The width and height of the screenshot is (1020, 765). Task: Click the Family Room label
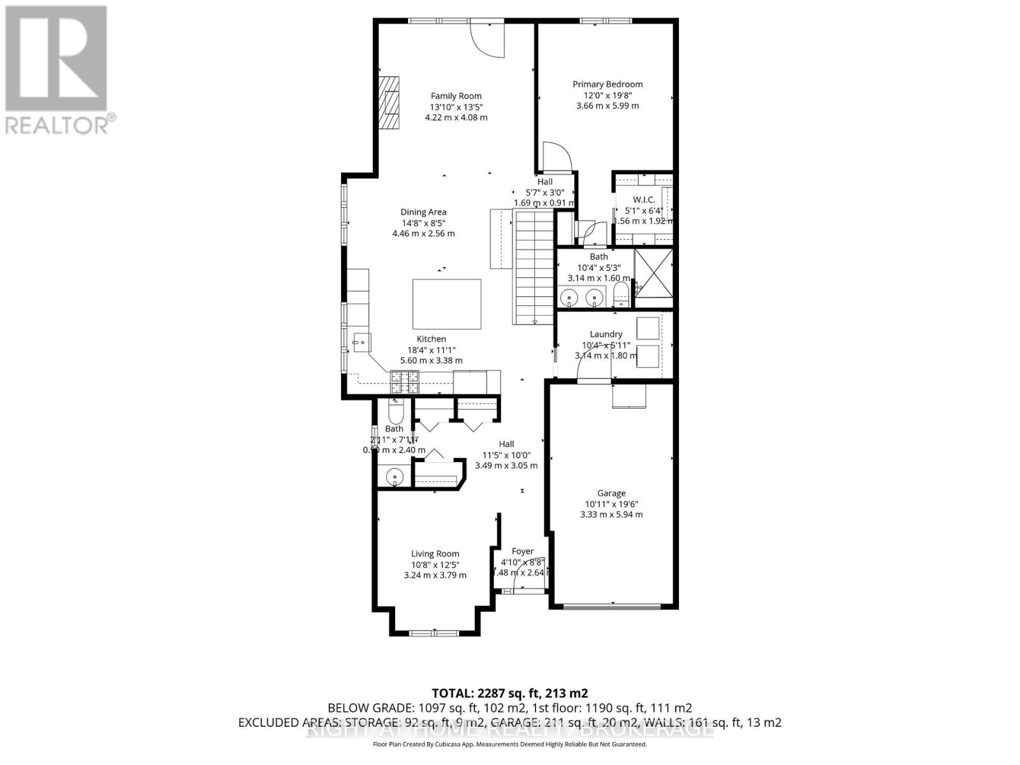click(456, 96)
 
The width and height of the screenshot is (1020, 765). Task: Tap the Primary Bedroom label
click(607, 84)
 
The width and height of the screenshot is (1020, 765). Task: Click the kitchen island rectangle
click(446, 303)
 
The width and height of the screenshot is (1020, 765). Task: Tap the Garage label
click(611, 493)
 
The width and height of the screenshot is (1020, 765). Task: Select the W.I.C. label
click(643, 200)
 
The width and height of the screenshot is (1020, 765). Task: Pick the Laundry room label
click(606, 334)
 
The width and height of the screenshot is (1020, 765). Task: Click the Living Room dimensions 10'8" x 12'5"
click(435, 564)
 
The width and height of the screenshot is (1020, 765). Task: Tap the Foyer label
click(522, 551)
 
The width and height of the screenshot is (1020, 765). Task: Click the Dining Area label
click(423, 212)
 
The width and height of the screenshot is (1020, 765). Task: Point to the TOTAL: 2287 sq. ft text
click(509, 693)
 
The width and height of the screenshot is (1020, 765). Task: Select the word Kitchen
click(431, 339)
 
